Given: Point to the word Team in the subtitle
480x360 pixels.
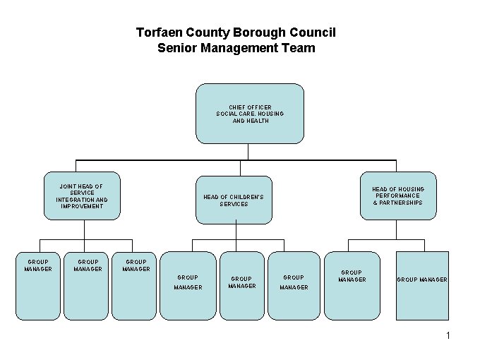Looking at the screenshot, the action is (x=299, y=49).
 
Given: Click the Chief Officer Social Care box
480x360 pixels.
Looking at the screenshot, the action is (x=249, y=113).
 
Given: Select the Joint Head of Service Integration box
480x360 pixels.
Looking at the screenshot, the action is (x=82, y=196).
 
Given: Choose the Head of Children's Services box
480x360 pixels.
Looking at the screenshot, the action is (x=233, y=200).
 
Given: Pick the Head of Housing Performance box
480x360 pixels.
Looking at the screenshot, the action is (x=398, y=196).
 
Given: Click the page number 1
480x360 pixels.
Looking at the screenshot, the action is (x=448, y=335).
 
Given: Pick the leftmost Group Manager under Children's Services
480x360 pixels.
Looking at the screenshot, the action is (x=188, y=285).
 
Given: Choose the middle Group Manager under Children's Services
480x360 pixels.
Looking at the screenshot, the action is (x=241, y=285).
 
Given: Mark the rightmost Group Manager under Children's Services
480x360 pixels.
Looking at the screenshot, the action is (x=294, y=285).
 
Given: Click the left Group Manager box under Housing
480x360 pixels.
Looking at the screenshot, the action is (x=352, y=285).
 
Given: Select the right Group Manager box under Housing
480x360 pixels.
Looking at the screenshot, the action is (x=422, y=285).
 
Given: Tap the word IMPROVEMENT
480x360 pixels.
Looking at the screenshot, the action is (x=82, y=206).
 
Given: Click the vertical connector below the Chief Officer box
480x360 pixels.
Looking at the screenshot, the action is (x=248, y=151).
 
